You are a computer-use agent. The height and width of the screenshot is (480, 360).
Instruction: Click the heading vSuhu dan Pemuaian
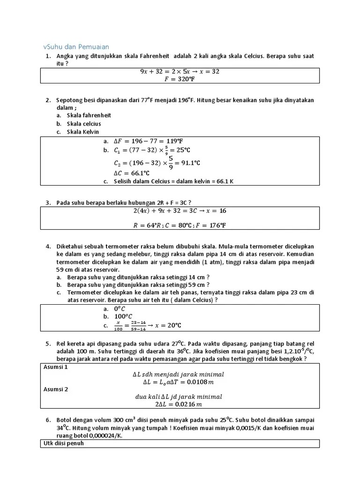pyautogui.click(x=76, y=46)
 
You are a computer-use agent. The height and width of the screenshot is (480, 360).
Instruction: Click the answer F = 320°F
pyautogui.click(x=180, y=79)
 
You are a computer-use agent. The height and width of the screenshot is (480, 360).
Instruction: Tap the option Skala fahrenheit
pyautogui.click(x=89, y=115)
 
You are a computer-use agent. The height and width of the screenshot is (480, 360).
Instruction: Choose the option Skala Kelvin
pyautogui.click(x=83, y=132)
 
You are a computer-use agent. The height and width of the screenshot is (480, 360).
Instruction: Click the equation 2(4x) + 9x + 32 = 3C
pyautogui.click(x=180, y=210)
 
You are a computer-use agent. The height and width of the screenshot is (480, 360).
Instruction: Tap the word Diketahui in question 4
pyautogui.click(x=70, y=246)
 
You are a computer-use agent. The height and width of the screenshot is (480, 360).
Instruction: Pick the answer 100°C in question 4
pyautogui.click(x=123, y=316)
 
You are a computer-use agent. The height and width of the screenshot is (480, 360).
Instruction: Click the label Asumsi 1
pyautogui.click(x=56, y=367)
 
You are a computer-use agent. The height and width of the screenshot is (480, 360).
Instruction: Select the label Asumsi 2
pyautogui.click(x=56, y=389)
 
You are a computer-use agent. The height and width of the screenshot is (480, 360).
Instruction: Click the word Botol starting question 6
pyautogui.click(x=64, y=420)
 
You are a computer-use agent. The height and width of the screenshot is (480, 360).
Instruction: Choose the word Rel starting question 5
pyautogui.click(x=61, y=344)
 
